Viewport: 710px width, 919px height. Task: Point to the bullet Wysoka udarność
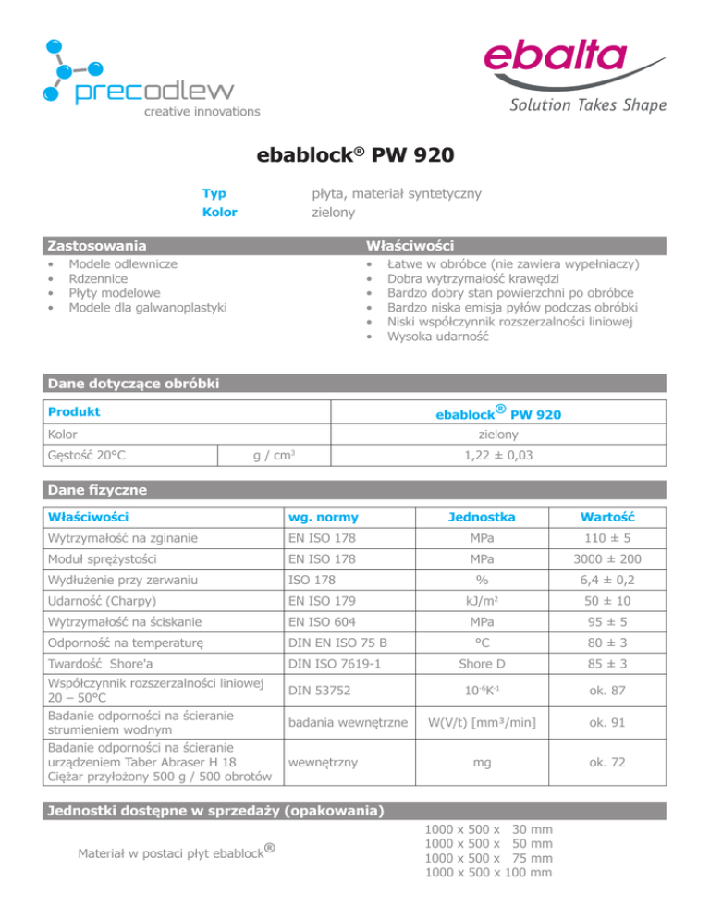tap(439, 337)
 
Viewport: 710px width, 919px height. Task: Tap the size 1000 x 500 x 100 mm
tap(487, 897)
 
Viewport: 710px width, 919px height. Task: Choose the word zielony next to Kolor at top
tap(333, 212)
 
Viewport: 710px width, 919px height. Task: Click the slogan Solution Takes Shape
tap(587, 105)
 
